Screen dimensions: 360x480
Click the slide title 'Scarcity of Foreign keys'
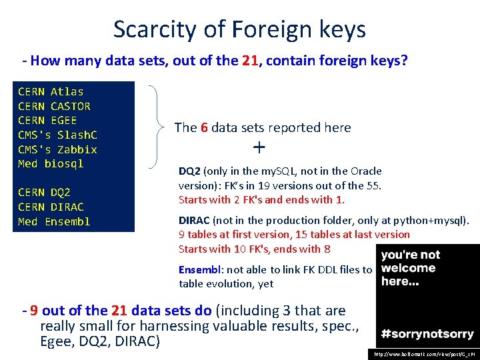tap(239, 29)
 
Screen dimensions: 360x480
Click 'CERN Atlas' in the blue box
tap(51, 91)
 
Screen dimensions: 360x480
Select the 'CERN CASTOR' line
tap(54, 106)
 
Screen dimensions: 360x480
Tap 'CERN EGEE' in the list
tap(47, 121)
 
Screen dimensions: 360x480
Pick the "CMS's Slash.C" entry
tap(57, 135)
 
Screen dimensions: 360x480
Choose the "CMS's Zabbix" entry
tap(57, 149)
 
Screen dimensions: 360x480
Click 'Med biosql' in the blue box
tap(51, 164)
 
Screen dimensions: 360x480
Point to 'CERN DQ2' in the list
tap(44, 193)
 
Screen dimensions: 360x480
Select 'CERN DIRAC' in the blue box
tap(51, 207)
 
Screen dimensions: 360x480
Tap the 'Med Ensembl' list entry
tap(54, 222)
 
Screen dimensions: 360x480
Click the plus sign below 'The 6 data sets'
tap(259, 147)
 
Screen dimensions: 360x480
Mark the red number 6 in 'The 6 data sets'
tap(204, 127)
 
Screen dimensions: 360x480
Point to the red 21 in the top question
tap(250, 61)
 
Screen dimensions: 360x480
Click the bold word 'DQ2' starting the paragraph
tap(189, 171)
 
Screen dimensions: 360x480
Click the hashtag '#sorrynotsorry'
tap(427, 334)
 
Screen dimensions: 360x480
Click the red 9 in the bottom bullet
tap(33, 311)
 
